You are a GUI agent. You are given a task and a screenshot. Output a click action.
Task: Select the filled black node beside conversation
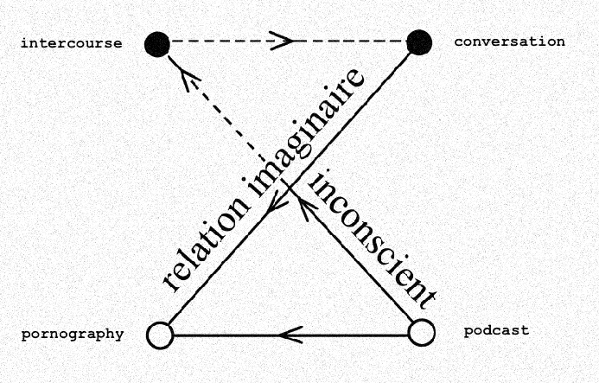coord(419,41)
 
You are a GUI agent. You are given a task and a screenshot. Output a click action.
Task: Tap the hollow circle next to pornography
coord(160,335)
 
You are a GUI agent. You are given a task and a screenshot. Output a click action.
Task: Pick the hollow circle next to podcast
coord(421,333)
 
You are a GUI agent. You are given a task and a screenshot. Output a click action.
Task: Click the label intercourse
coord(71,42)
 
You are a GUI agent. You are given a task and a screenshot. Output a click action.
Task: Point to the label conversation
coord(509,41)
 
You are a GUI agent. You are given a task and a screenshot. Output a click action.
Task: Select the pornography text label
coord(73,334)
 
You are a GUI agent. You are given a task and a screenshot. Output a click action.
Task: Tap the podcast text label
coord(496,330)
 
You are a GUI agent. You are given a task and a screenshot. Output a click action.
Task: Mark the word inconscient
coord(373,238)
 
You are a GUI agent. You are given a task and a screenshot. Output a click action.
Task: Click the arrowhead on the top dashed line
coord(280,41)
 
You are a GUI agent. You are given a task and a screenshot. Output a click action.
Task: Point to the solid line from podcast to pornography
coord(363,335)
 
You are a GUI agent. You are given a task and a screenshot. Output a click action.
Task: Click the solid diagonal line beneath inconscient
coord(354,260)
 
